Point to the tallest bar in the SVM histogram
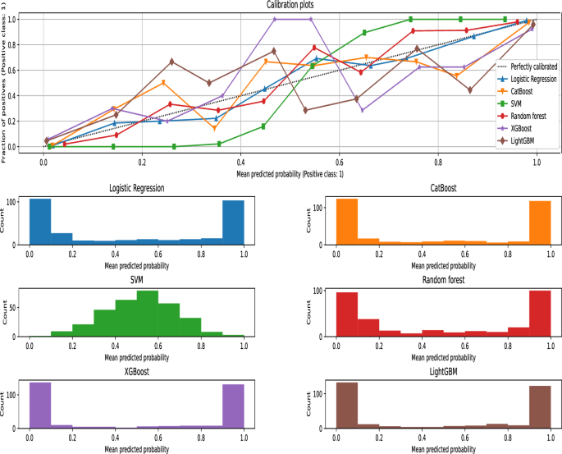[148, 314]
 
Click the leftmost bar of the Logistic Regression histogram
[40, 222]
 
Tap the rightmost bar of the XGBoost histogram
[233, 406]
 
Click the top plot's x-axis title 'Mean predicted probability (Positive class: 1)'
[289, 173]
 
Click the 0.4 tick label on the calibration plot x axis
[240, 163]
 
